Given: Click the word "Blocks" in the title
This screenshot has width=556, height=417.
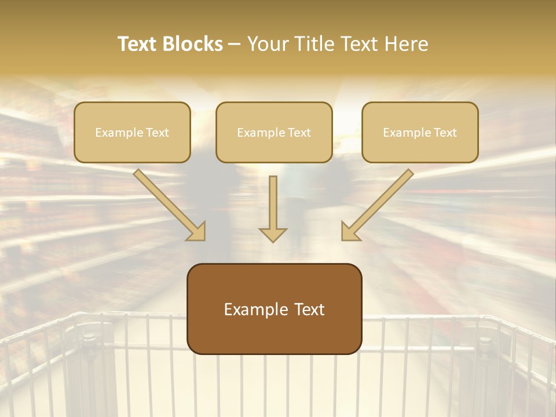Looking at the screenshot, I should pos(194,44).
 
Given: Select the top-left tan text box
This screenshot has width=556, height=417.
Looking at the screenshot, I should pos(132,132).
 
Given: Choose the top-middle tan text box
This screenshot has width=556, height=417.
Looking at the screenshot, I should pos(274,132).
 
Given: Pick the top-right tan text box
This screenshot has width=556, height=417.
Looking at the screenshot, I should pos(420,132).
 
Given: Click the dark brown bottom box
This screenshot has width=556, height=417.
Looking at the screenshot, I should pos(274,309).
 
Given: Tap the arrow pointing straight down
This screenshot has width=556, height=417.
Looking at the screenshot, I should pos(273,209).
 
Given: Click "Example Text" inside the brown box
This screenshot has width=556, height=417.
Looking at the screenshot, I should pos(274,309).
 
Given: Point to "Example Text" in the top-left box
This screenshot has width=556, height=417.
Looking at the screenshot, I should pos(132,133).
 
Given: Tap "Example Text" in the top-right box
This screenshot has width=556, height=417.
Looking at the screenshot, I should pos(420,133).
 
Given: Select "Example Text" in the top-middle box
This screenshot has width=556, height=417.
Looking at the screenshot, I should pos(274,133).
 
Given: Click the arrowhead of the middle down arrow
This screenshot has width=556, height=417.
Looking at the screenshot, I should pos(273,234).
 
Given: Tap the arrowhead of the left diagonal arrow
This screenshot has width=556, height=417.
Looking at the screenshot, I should pos(197,231).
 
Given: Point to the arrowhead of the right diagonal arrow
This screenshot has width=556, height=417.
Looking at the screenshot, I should pos(350,231).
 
